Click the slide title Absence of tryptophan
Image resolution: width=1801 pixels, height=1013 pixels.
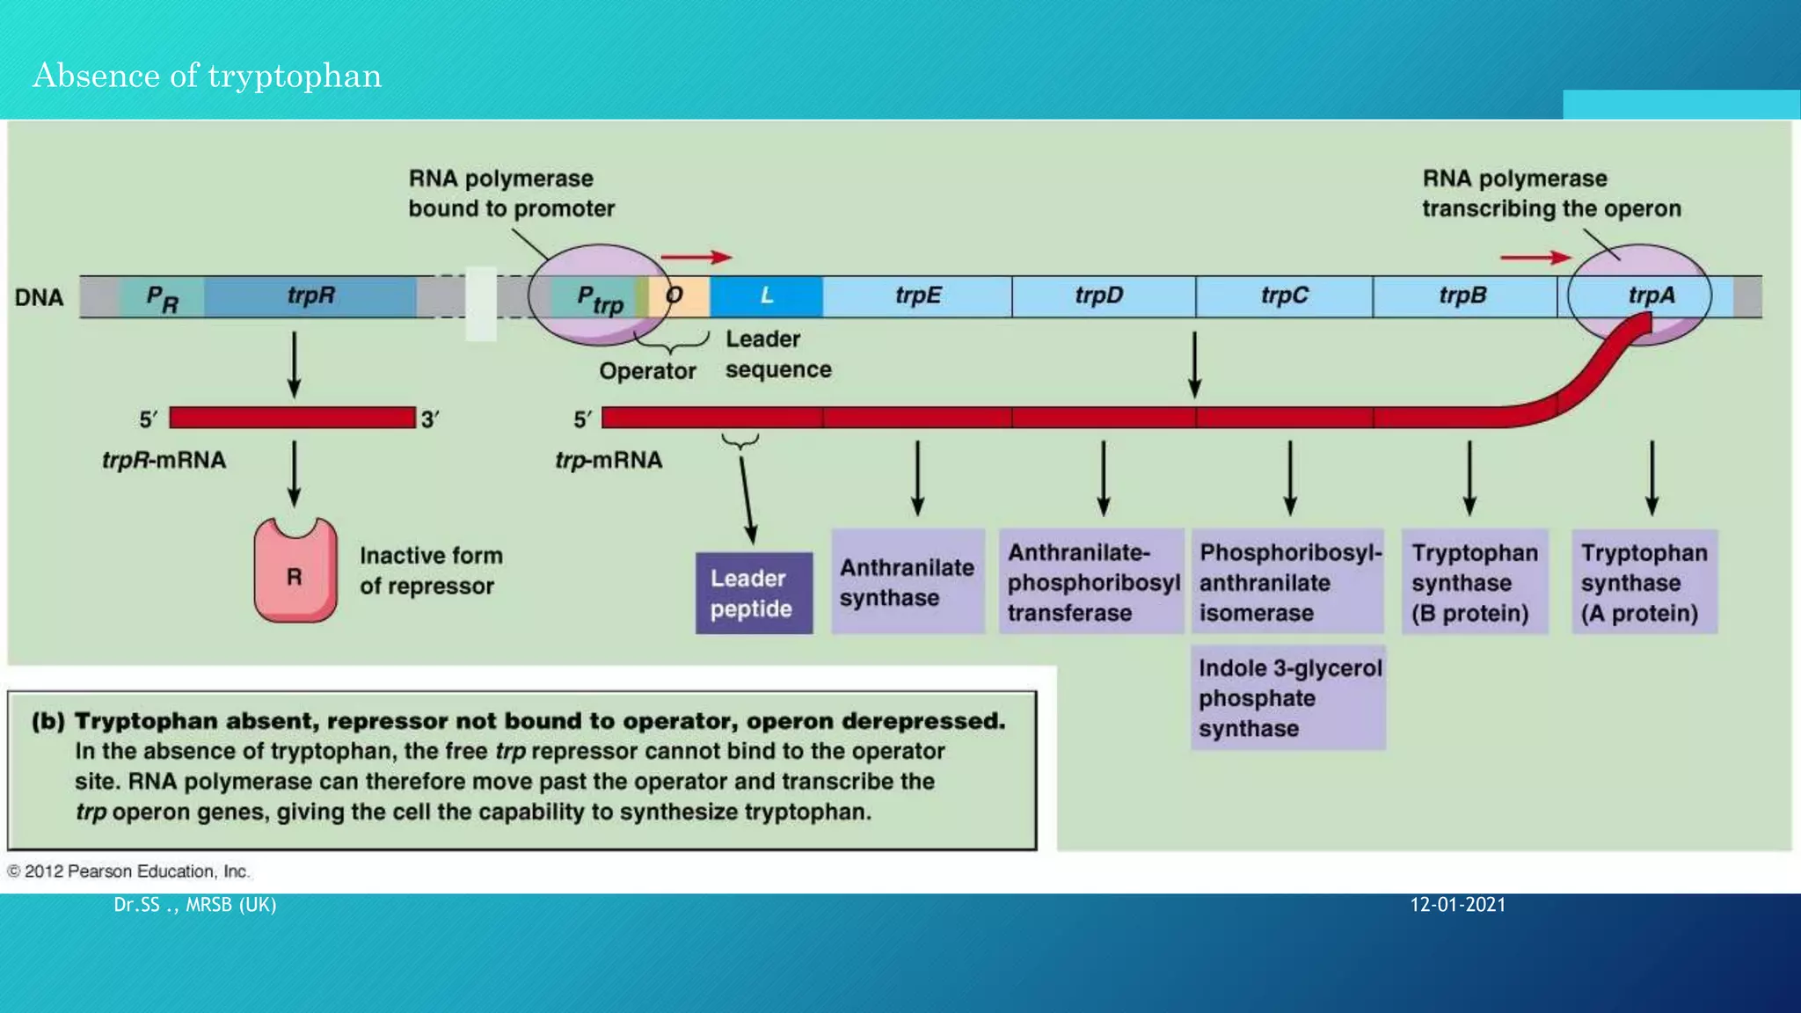click(x=208, y=76)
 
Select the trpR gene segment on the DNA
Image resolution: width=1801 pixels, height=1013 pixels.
click(x=310, y=296)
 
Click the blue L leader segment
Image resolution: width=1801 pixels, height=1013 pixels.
click(x=766, y=296)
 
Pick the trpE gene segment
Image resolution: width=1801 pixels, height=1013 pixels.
click(x=917, y=296)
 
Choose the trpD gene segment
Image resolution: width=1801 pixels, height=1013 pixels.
click(x=1099, y=296)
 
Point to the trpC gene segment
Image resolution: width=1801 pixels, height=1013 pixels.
click(x=1284, y=296)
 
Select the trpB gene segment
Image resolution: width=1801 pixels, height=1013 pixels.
click(x=1462, y=296)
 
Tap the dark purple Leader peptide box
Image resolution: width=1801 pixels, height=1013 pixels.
click(x=754, y=594)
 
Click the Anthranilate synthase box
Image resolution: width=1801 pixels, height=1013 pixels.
click(x=907, y=582)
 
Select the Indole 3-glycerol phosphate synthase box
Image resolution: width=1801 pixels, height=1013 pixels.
click(x=1288, y=698)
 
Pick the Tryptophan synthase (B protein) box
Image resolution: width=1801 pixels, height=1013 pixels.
click(x=1474, y=582)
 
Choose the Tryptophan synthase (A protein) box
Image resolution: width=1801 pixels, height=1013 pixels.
click(x=1644, y=582)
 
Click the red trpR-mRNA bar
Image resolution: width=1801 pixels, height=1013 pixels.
click(x=292, y=418)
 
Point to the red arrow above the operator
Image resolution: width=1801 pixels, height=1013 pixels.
click(x=696, y=258)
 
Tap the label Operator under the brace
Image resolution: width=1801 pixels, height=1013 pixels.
click(x=647, y=371)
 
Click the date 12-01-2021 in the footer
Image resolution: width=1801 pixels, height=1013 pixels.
click(x=1457, y=905)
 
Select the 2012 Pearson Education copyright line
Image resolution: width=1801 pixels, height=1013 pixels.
click(x=128, y=871)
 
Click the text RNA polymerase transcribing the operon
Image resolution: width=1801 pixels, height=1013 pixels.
click(x=1550, y=193)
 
